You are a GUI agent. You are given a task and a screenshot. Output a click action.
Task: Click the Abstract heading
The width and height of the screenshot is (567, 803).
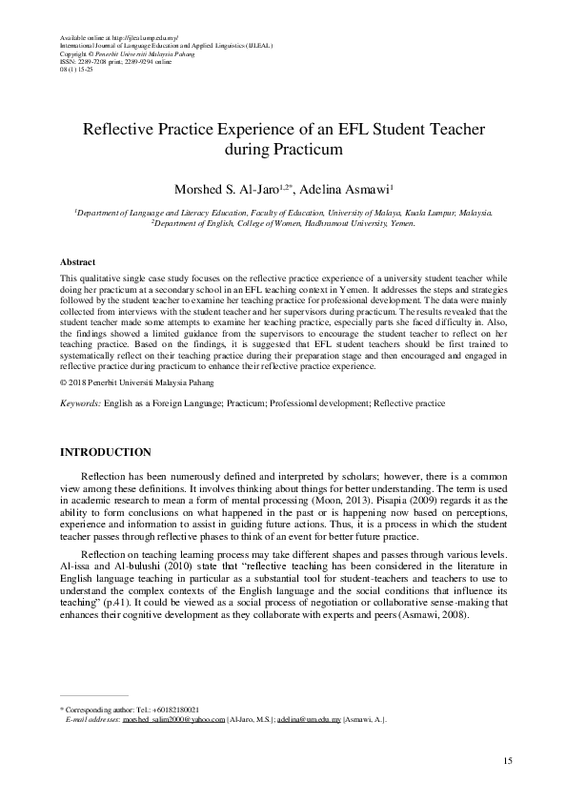pyautogui.click(x=77, y=260)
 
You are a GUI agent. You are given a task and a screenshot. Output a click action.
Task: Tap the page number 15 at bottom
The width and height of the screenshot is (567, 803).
pyautogui.click(x=508, y=759)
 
